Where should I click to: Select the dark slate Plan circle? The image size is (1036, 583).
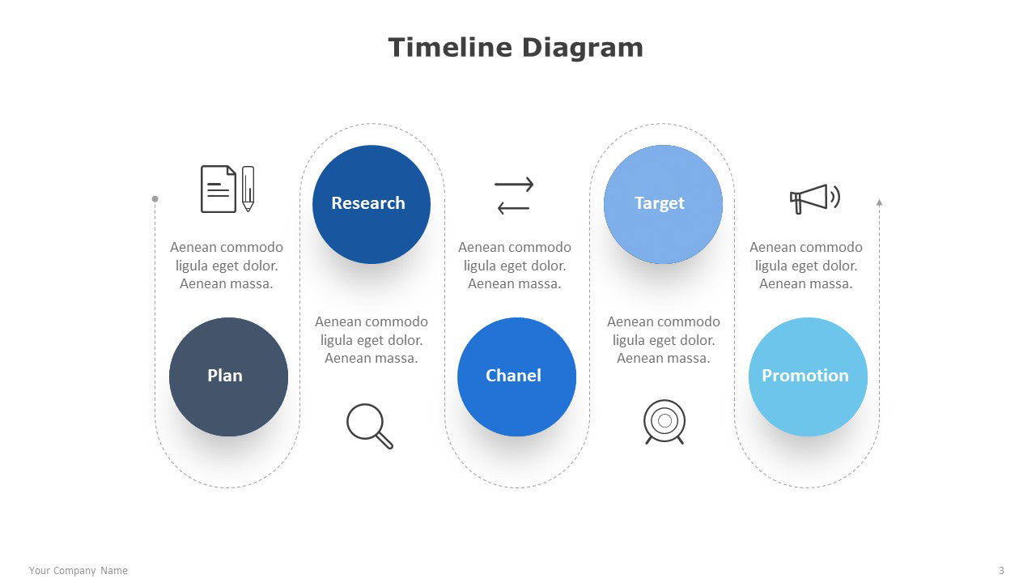click(x=228, y=377)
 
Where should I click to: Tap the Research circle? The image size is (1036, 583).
click(x=372, y=205)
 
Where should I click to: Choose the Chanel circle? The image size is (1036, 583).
click(x=516, y=377)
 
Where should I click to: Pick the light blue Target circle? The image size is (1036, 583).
click(x=663, y=205)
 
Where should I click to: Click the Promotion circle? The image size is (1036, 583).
click(x=808, y=377)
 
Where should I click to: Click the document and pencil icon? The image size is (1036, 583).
click(x=227, y=189)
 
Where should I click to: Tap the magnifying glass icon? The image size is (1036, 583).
click(x=370, y=426)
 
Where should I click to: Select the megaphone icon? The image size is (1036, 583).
click(x=815, y=199)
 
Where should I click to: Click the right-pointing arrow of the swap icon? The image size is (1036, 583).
click(x=514, y=185)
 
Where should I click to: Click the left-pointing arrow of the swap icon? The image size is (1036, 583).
click(x=513, y=208)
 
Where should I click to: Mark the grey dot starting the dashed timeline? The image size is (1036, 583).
click(x=155, y=199)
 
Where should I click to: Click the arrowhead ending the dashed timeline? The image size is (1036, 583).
click(x=879, y=202)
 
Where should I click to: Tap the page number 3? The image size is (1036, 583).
click(x=1001, y=571)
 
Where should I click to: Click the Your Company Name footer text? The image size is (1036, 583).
click(x=79, y=571)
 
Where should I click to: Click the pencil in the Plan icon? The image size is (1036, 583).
click(x=248, y=189)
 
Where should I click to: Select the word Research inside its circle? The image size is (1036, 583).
click(x=368, y=203)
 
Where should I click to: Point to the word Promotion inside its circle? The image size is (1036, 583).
click(x=805, y=375)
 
